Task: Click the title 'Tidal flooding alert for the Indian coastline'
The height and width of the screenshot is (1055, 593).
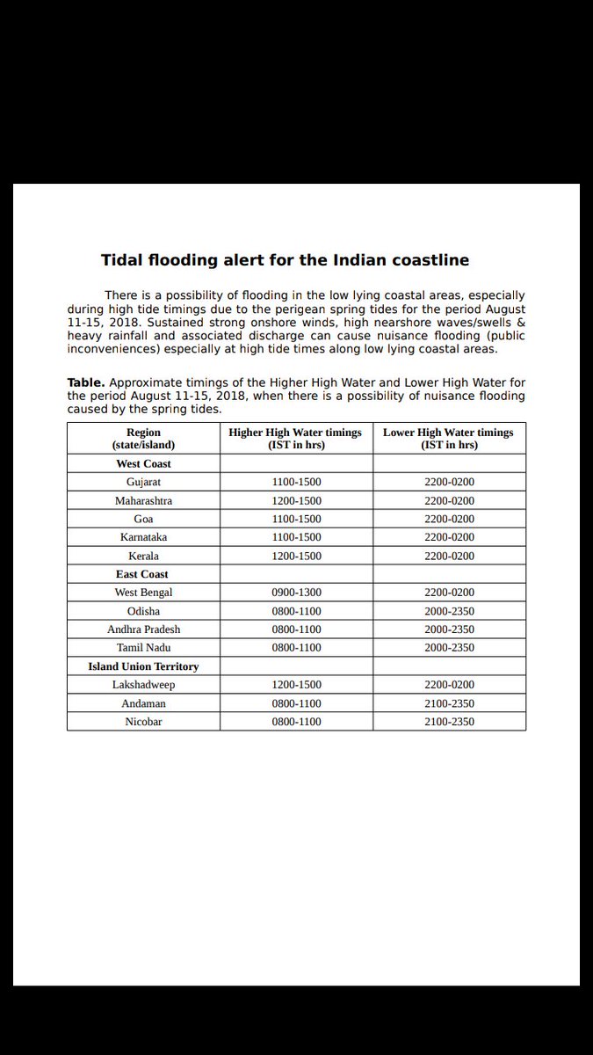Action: [x=285, y=260]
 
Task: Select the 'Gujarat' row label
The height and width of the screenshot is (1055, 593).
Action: [x=143, y=482]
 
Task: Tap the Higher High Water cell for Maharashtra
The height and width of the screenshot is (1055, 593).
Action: [x=296, y=500]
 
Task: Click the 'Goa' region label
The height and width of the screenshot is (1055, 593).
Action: [x=143, y=519]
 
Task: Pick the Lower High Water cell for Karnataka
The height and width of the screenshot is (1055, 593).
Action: [x=449, y=537]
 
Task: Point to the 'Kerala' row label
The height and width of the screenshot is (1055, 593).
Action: [x=143, y=556]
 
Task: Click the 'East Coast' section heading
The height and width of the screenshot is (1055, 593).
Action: [x=142, y=574]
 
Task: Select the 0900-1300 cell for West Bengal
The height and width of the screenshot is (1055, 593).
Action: [x=296, y=593]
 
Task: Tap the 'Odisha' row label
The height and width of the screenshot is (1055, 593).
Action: [x=143, y=611]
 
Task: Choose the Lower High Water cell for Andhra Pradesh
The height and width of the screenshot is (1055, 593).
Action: [x=449, y=629]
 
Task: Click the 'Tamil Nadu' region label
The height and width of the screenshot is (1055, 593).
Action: [x=143, y=648]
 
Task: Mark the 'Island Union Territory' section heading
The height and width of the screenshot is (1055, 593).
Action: [x=143, y=666]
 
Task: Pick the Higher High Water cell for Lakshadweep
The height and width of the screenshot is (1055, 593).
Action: [x=296, y=685]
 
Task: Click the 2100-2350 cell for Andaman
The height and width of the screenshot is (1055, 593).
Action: [x=449, y=703]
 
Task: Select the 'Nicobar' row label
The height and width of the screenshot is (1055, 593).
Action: [x=143, y=722]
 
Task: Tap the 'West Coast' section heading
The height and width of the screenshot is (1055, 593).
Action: [x=143, y=463]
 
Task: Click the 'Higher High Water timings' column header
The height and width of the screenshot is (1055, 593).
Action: [x=295, y=439]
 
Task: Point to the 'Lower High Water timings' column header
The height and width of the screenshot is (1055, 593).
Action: [x=448, y=439]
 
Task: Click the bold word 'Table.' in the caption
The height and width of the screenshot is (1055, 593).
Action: [x=86, y=383]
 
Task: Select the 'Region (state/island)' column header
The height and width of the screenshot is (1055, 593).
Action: [x=143, y=439]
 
